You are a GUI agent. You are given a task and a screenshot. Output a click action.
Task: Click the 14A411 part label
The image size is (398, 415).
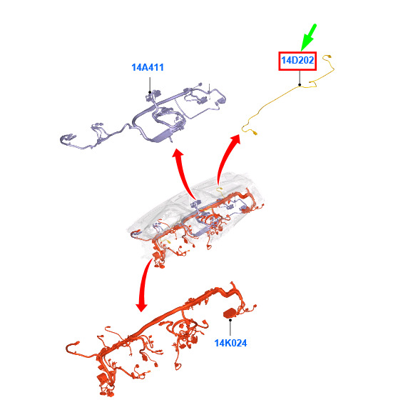[148, 67]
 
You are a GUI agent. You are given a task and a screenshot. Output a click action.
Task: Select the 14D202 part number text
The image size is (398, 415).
[297, 61]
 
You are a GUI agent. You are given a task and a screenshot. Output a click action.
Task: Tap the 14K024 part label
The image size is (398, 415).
[230, 343]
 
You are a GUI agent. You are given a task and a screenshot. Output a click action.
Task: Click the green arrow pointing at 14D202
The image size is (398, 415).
[308, 37]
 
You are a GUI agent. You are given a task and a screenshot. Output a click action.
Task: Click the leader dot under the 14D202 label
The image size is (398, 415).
[300, 85]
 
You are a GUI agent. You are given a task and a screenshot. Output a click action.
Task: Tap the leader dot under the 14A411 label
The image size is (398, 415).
[150, 92]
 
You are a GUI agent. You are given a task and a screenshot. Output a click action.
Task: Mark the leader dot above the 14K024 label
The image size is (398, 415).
[230, 320]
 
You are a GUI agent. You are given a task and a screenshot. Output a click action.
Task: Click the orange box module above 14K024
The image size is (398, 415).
[230, 313]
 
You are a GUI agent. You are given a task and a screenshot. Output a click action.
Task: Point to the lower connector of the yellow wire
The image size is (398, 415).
[255, 133]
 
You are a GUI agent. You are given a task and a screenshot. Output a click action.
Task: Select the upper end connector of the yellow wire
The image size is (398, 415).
[329, 56]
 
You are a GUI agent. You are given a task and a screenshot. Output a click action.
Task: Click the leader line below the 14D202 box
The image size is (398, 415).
[300, 77]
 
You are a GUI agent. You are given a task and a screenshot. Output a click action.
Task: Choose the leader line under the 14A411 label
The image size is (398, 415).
[150, 85]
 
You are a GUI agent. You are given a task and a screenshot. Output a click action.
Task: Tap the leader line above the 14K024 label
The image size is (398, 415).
[230, 328]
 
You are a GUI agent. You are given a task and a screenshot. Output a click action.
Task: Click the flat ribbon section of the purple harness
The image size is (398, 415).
[161, 136]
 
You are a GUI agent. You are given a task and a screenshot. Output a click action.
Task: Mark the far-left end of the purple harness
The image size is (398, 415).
[61, 139]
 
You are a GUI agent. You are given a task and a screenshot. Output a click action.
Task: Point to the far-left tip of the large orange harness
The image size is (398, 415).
[66, 349]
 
